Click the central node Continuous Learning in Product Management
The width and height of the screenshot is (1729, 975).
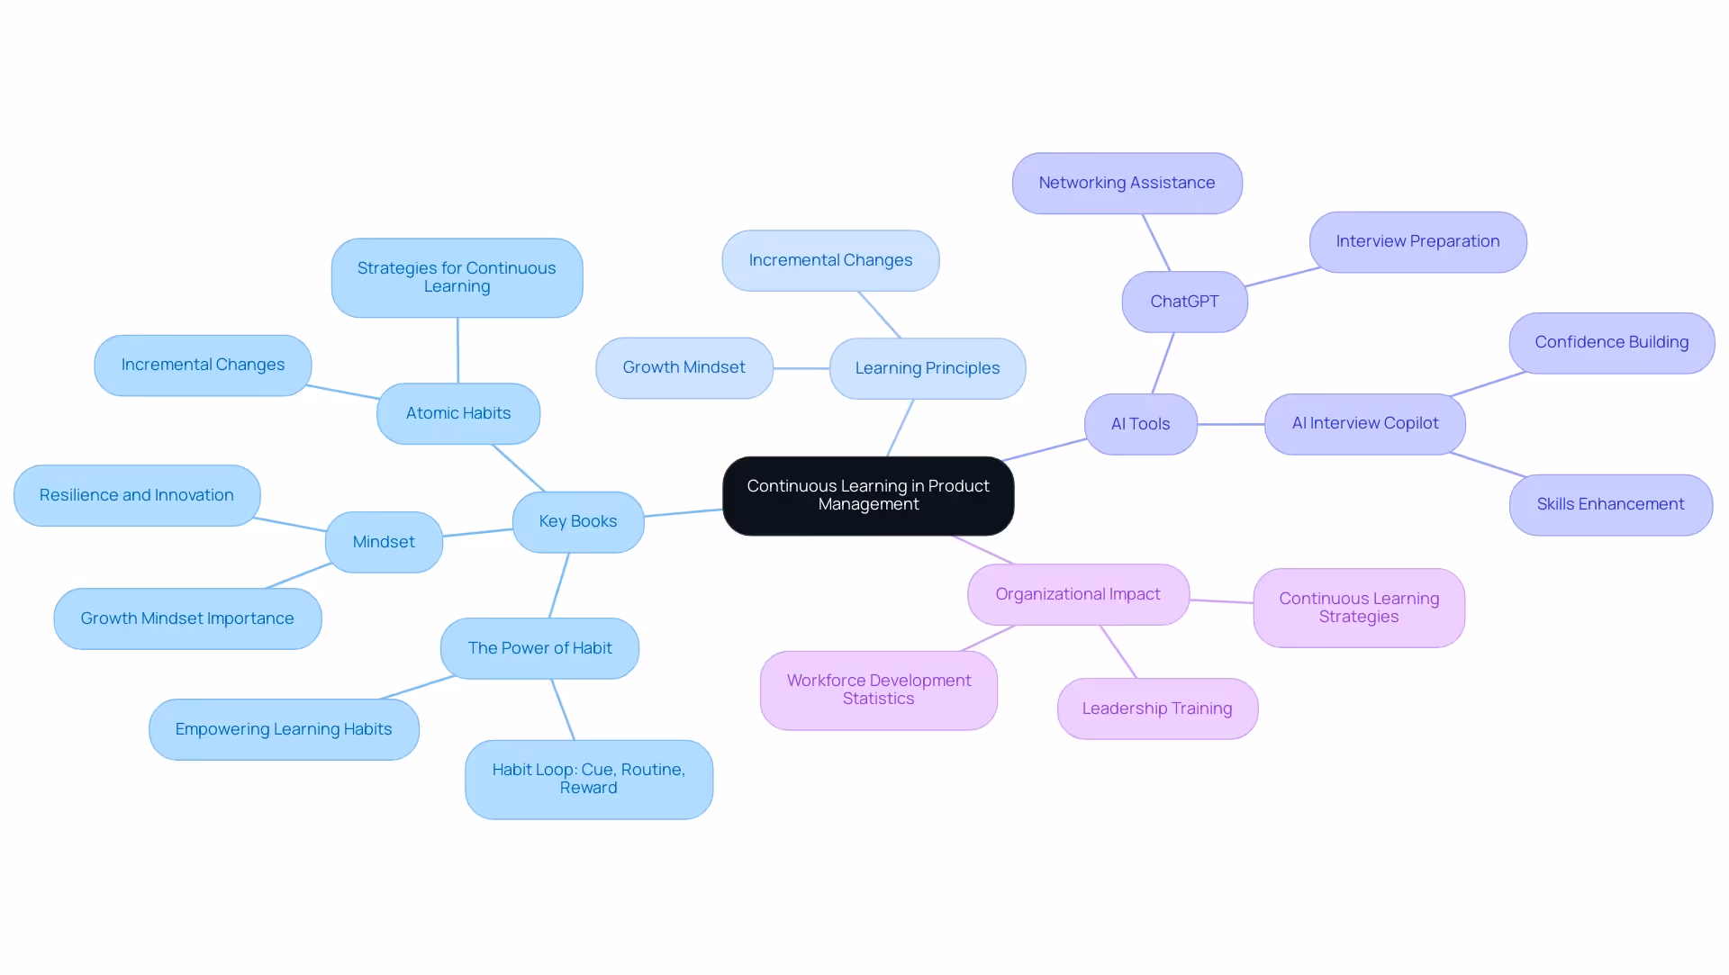(868, 495)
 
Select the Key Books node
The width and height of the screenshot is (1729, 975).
(577, 521)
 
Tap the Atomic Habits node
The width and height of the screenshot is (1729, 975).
(458, 413)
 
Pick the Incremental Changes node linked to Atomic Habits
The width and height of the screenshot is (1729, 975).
(203, 365)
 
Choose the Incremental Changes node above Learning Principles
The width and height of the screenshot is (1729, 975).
(830, 260)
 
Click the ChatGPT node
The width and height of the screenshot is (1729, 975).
(1184, 302)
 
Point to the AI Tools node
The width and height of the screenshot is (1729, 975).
(1140, 424)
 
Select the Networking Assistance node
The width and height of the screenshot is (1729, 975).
(1127, 183)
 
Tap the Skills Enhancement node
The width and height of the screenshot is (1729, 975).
(1610, 504)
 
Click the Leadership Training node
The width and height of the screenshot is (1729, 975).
(1157, 709)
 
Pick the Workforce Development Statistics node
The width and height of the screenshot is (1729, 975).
(878, 690)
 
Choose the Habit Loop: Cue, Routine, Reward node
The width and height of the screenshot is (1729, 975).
(588, 779)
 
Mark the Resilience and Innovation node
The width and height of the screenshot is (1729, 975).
(137, 495)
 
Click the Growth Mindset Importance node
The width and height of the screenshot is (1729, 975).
(187, 618)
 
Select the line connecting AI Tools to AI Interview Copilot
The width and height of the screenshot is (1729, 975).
(1231, 424)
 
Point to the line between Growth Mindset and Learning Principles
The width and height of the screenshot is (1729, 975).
(801, 368)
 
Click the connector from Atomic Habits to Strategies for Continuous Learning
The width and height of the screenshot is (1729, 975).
(457, 350)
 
